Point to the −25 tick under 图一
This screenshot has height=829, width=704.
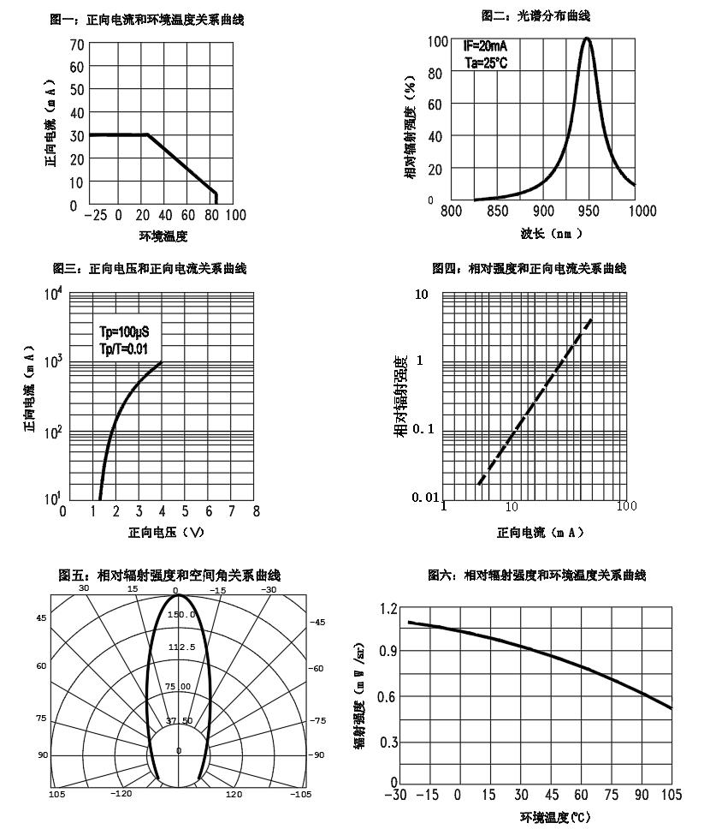pyautogui.click(x=96, y=214)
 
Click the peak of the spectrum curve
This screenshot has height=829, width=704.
pyautogui.click(x=587, y=39)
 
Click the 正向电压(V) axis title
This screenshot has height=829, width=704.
pyautogui.click(x=167, y=532)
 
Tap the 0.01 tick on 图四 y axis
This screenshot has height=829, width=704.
pyautogui.click(x=425, y=498)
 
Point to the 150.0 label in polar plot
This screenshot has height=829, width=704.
pyautogui.click(x=181, y=614)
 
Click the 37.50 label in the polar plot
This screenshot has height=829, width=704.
pyautogui.click(x=180, y=720)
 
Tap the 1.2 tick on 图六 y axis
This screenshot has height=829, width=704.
pyautogui.click(x=387, y=609)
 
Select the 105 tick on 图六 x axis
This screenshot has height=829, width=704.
pyautogui.click(x=671, y=796)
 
